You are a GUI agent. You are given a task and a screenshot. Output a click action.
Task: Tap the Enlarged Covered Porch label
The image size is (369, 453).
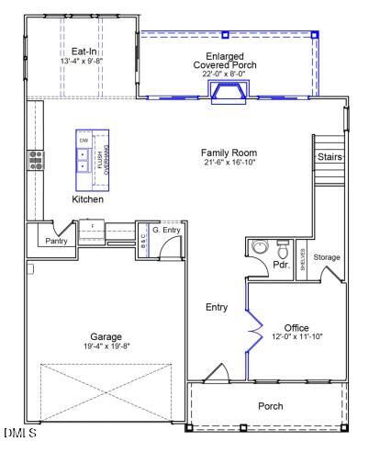(x=225, y=62)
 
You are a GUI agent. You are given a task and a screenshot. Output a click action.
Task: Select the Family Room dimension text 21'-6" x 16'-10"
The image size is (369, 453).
(x=229, y=162)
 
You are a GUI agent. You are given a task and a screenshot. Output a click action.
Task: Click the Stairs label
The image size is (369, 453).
(x=330, y=157)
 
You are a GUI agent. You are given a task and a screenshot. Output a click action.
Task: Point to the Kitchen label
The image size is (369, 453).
(x=88, y=199)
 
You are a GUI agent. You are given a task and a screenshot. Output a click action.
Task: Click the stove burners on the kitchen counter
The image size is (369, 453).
(x=37, y=161)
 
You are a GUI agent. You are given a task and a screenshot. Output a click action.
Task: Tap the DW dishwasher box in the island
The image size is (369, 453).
(x=84, y=140)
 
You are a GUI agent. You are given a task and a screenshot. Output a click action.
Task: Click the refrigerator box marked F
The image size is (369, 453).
(x=93, y=225)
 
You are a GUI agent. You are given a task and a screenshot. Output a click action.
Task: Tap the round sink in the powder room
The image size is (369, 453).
(x=259, y=248)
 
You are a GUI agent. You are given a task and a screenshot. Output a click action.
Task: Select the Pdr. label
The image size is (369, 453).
(x=281, y=266)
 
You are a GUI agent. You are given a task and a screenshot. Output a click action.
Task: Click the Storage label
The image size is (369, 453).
(x=326, y=258)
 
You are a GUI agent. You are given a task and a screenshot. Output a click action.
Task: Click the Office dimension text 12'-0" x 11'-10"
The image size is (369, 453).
(x=296, y=337)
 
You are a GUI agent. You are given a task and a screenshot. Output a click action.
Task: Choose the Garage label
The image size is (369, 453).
(x=106, y=336)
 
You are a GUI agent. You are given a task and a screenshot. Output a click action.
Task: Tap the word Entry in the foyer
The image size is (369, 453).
(x=217, y=307)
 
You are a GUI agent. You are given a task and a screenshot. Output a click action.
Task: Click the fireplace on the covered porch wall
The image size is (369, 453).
(x=226, y=92)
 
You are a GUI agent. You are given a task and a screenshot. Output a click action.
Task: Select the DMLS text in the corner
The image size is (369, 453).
(x=19, y=433)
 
